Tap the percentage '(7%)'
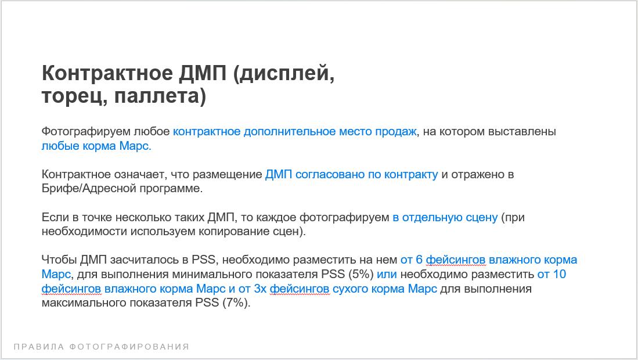(236, 303)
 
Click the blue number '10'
(560, 274)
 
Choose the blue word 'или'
(387, 275)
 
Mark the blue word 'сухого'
(352, 289)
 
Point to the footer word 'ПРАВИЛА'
(39, 347)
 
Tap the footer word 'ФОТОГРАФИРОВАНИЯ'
(129, 347)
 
